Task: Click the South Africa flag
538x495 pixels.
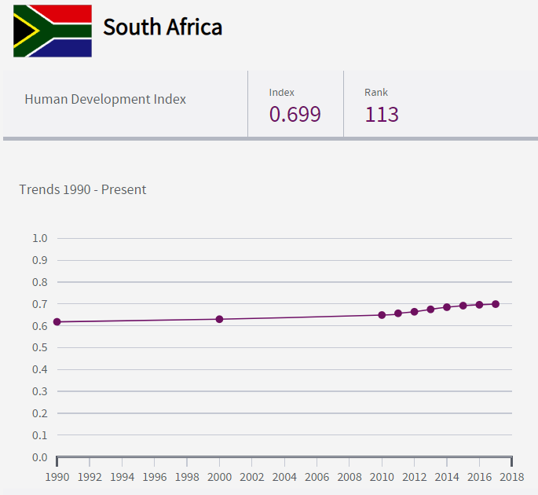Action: coord(52,31)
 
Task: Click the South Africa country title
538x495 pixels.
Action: coord(163,27)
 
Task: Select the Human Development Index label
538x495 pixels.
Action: coord(105,99)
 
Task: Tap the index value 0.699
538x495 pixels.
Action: coord(295,115)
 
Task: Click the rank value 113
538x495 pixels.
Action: coord(382,115)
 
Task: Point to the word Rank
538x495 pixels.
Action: coord(376,93)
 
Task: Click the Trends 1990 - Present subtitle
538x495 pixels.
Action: coord(82,189)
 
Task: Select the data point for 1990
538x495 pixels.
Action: coord(57,321)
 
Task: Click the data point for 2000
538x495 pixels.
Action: coord(219,319)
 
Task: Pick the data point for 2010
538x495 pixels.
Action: coord(382,315)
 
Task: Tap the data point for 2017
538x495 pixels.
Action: coord(496,304)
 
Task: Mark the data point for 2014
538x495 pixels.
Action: coord(447,307)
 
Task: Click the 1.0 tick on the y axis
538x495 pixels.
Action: coord(40,238)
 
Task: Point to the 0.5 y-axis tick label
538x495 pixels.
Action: coord(40,347)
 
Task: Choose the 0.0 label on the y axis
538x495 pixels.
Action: coord(40,457)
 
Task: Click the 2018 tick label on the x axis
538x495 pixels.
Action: coord(512,477)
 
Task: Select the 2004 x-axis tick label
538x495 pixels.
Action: coord(284,477)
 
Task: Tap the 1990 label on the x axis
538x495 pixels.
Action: coord(57,477)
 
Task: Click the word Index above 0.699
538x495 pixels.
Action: coord(282,93)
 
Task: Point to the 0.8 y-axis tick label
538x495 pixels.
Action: coord(40,282)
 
